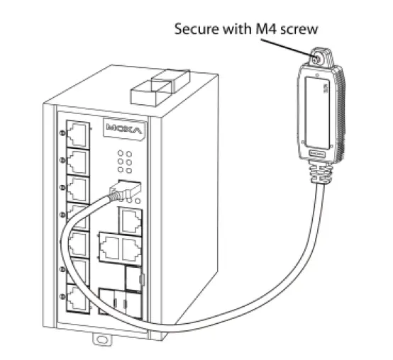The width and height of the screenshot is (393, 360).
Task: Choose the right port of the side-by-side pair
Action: coord(131,247)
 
